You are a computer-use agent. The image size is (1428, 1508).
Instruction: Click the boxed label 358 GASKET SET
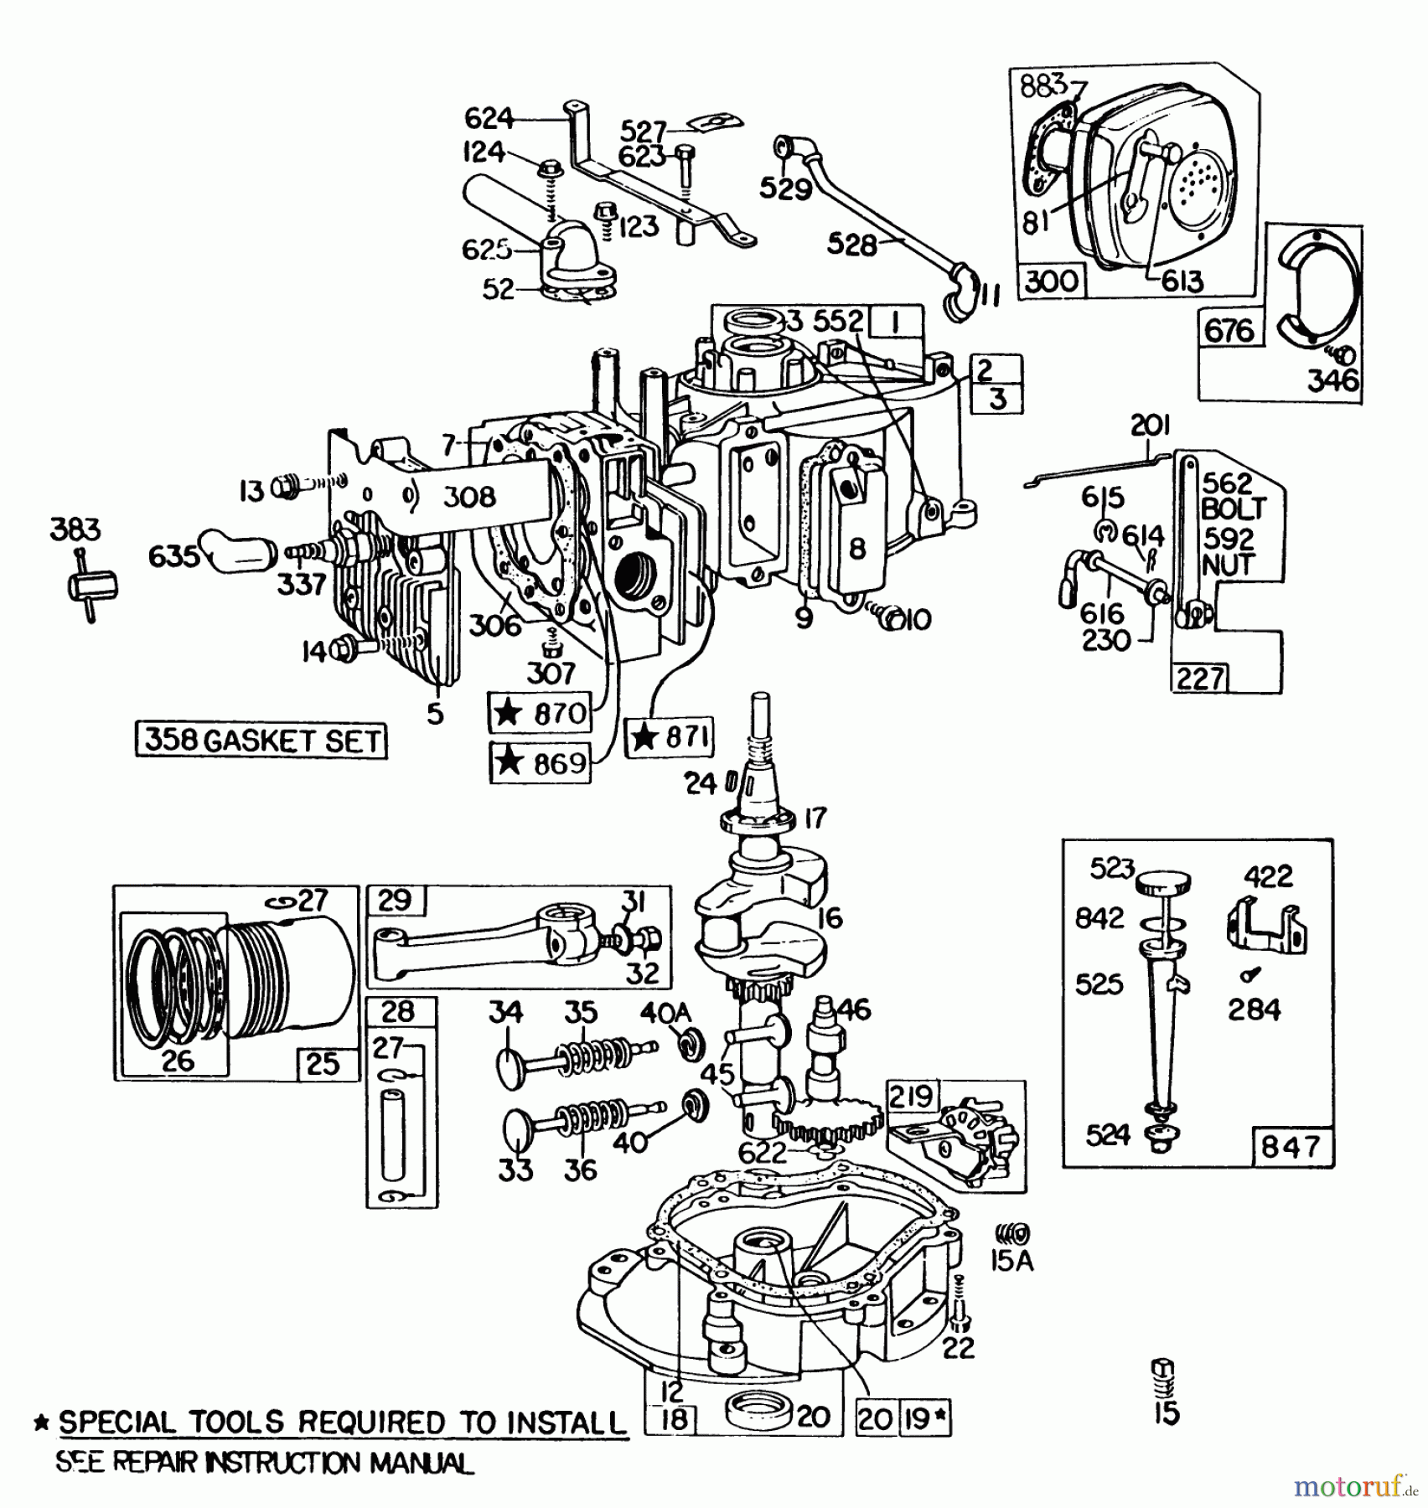[261, 741]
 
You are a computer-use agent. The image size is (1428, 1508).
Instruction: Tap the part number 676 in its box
[1229, 331]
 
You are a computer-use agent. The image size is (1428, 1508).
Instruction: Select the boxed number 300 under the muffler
[1052, 281]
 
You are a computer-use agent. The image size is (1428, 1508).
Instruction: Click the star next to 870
[505, 714]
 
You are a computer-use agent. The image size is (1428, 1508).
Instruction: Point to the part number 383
[75, 529]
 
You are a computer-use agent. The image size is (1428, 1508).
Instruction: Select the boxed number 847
[1291, 1147]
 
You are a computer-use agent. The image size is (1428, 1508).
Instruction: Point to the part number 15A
[1011, 1262]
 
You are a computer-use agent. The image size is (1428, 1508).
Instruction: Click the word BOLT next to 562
[1234, 509]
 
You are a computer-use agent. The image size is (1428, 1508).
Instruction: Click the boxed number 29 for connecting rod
[395, 901]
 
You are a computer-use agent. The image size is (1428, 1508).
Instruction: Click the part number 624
[489, 118]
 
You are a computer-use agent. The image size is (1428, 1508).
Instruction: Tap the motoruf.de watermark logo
[1358, 1486]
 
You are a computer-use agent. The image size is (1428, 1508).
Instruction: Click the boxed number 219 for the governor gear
[911, 1097]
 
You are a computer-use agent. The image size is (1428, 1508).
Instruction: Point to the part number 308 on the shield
[469, 497]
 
